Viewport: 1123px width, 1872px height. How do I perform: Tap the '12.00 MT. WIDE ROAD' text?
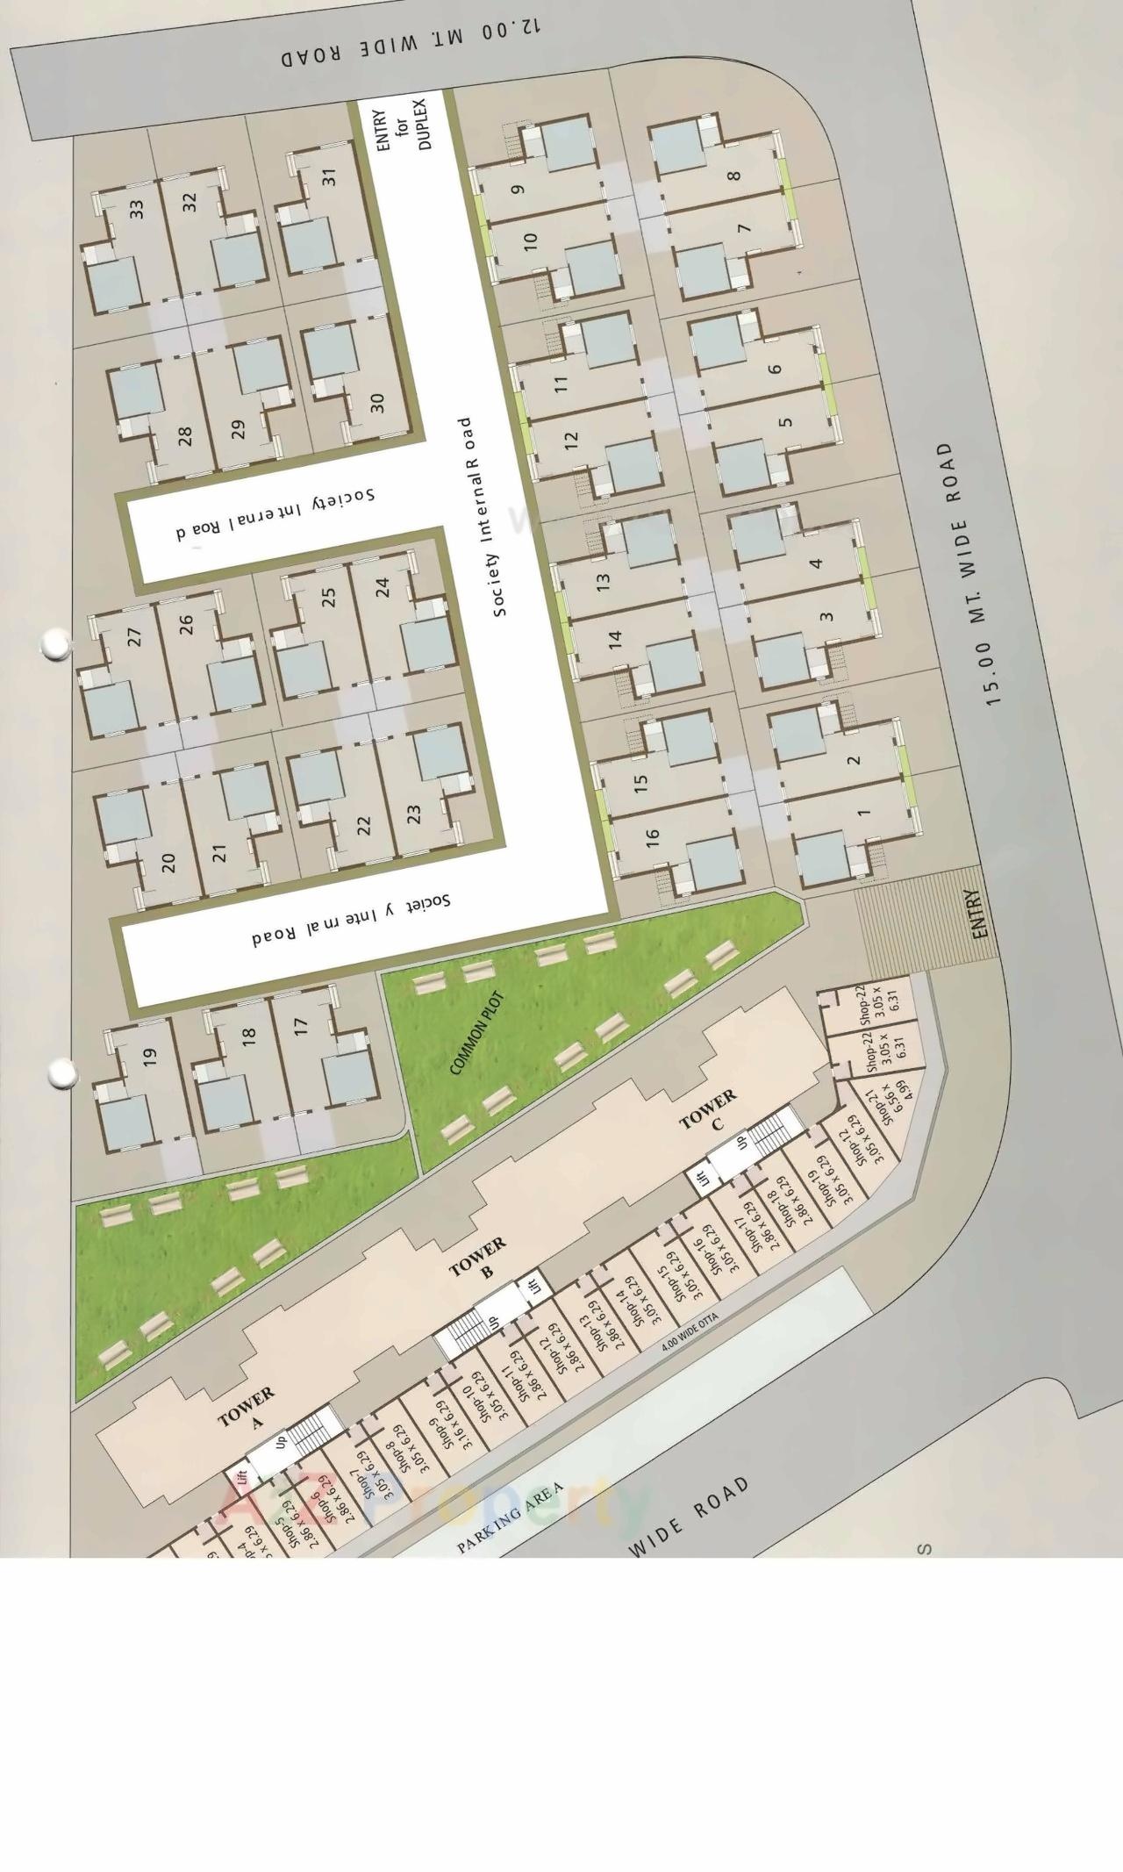pyautogui.click(x=411, y=43)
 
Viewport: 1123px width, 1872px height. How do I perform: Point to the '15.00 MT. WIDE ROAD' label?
pyautogui.click(x=969, y=574)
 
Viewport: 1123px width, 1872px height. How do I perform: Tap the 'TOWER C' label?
pyautogui.click(x=712, y=1108)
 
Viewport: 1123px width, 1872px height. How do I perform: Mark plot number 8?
pyautogui.click(x=734, y=175)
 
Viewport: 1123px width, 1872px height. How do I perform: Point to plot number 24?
pyautogui.click(x=382, y=587)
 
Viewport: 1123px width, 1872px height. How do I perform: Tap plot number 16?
pyautogui.click(x=652, y=839)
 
